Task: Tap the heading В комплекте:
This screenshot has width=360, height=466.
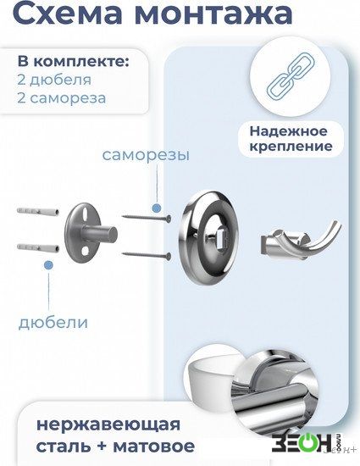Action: pos(74,62)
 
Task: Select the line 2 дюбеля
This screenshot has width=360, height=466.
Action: pos(54,80)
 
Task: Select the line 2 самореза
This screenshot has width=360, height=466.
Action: pos(62,98)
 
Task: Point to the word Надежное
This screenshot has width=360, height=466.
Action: pos(288,131)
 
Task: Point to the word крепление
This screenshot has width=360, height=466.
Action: pos(291,147)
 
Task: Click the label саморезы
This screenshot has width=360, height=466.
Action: pos(146,155)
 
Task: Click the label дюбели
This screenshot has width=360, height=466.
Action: pos(53,323)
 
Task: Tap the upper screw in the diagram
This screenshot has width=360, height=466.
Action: pos(147,218)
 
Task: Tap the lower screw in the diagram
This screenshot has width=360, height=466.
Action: pos(147,254)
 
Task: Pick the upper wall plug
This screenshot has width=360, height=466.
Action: pos(38,212)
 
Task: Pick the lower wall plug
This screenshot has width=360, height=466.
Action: pos(38,247)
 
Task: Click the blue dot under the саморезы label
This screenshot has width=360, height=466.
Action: pos(156,208)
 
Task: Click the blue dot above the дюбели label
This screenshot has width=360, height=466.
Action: pos(48,264)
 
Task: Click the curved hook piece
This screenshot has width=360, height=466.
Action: pos(301,240)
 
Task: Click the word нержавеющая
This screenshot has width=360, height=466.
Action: pos(108,425)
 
